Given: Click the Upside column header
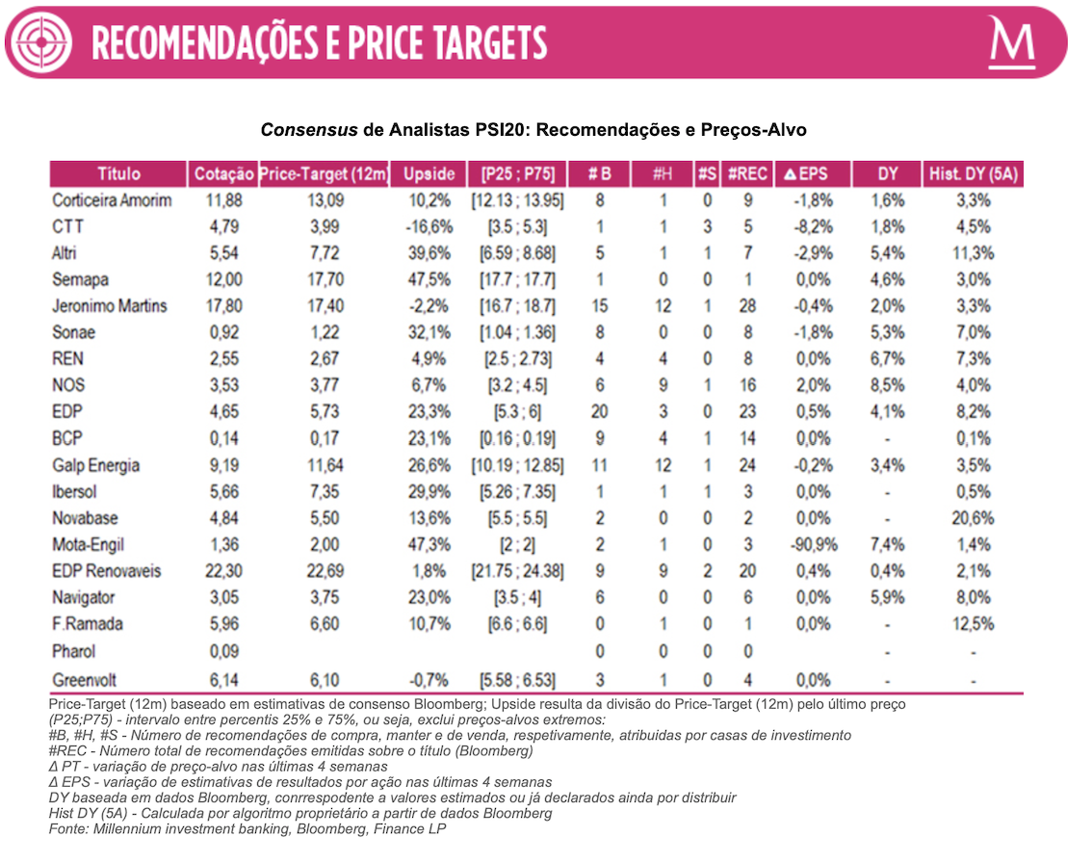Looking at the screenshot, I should [x=429, y=174].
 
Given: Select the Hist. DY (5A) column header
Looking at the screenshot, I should [x=974, y=174].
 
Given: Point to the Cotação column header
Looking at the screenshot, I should [x=223, y=174].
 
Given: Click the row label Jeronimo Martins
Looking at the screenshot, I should [x=109, y=306].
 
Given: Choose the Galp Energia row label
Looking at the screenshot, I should [x=95, y=465].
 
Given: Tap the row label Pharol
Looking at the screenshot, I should [x=74, y=651].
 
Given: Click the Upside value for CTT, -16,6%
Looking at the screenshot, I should [x=429, y=227].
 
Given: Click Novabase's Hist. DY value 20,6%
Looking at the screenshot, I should [x=974, y=518].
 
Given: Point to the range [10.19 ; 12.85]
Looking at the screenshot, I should [x=517, y=465].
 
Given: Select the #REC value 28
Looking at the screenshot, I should [x=747, y=306].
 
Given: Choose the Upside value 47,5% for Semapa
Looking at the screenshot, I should [x=429, y=280].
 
